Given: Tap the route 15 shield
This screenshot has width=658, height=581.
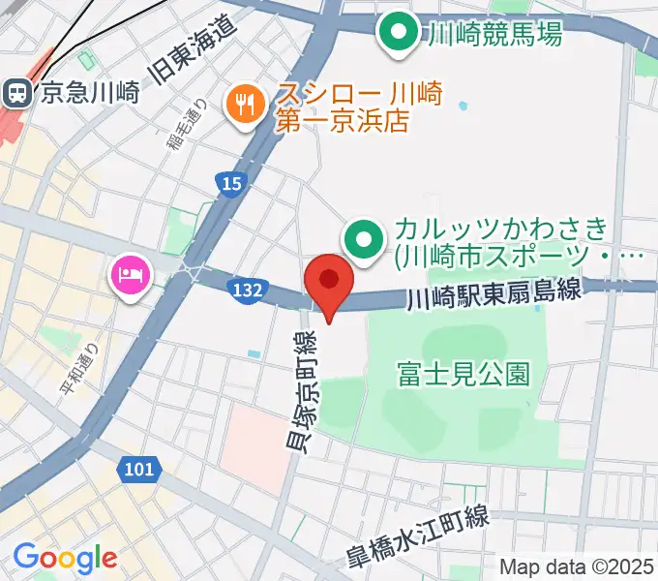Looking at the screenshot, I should click(x=229, y=184).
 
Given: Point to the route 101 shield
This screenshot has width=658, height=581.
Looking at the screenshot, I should click(x=138, y=470).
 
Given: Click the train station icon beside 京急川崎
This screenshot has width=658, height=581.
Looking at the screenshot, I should click(x=16, y=93).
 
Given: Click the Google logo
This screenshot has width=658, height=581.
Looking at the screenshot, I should click(x=65, y=558).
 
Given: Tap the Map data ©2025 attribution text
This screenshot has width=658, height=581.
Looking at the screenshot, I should click(x=576, y=567).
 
